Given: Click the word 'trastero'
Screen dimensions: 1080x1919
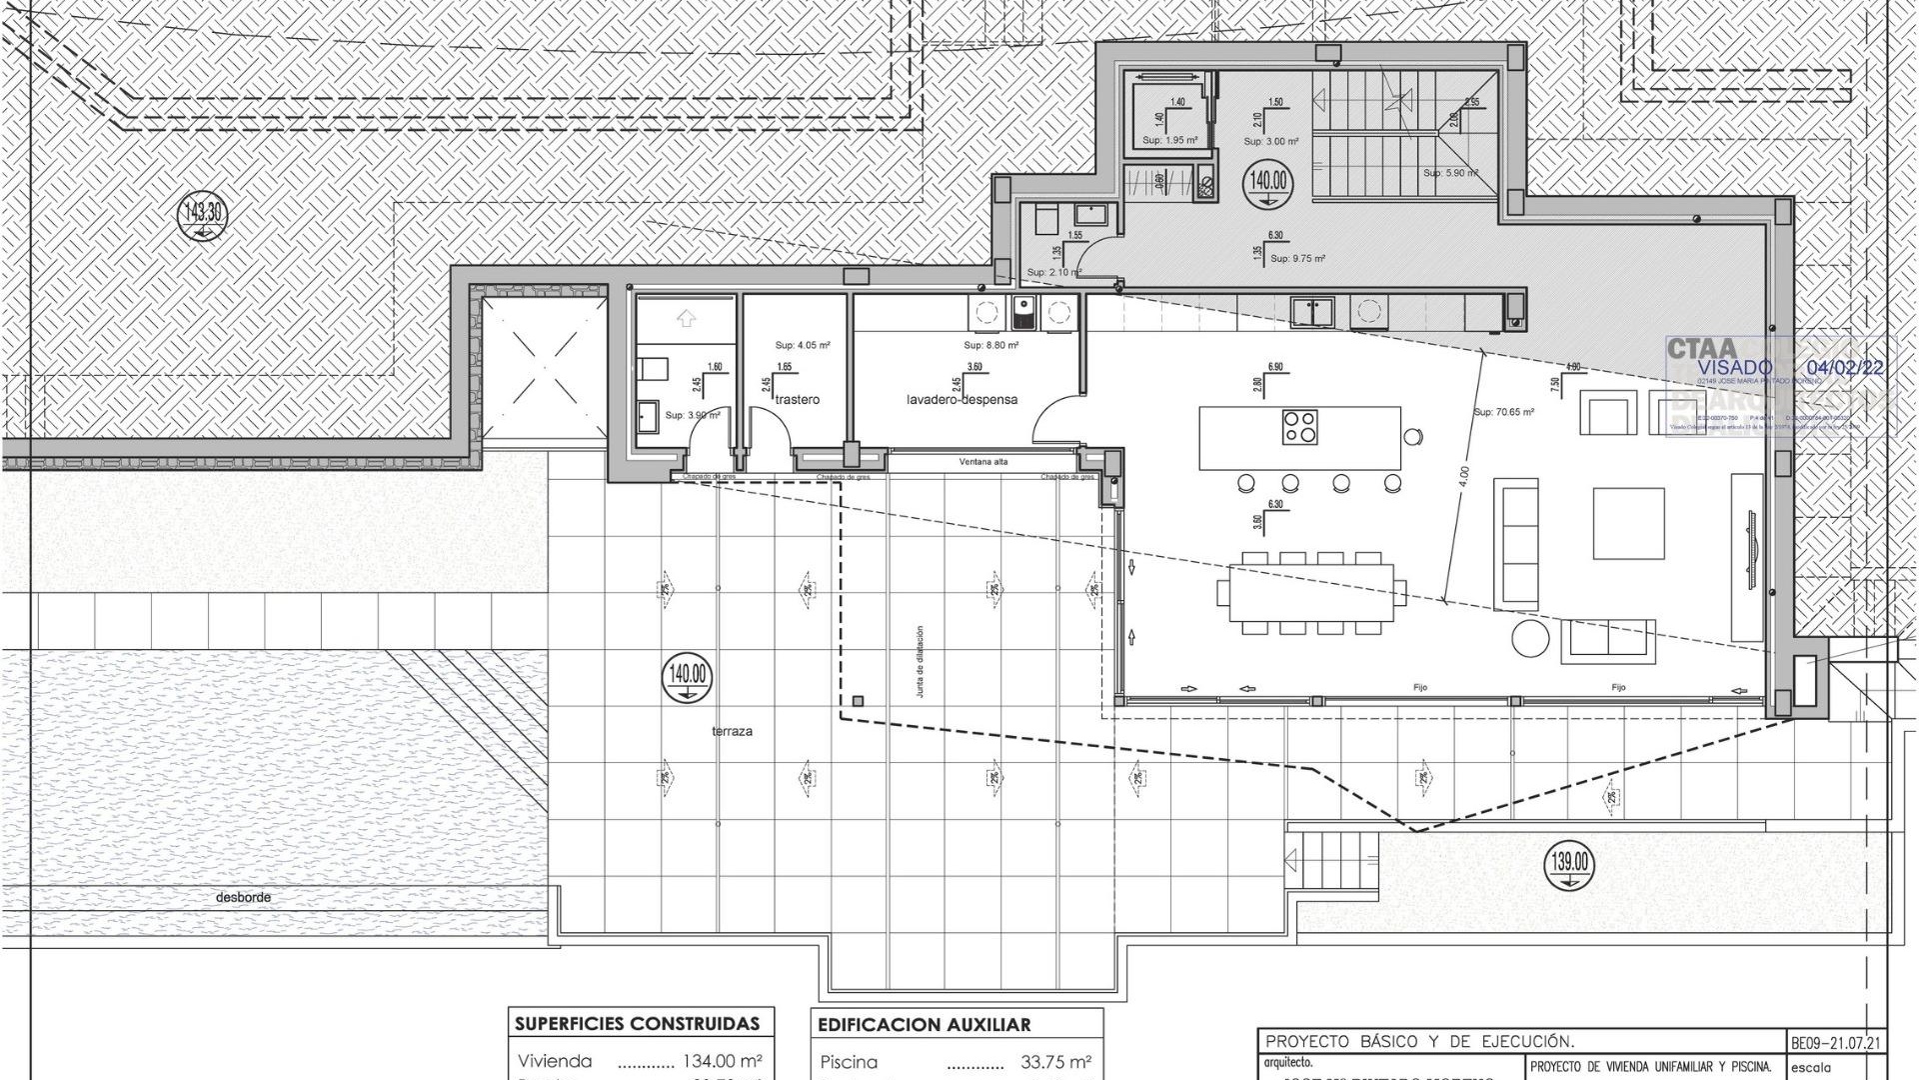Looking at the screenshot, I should click(x=797, y=400).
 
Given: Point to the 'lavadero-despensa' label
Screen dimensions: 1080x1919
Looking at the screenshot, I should click(x=961, y=400).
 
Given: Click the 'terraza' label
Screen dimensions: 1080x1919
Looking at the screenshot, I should click(x=732, y=732).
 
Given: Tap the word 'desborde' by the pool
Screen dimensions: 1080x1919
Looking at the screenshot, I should click(x=243, y=898).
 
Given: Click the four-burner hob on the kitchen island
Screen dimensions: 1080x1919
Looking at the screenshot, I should click(x=1299, y=427).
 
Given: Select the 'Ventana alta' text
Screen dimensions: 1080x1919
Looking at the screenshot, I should click(x=983, y=462).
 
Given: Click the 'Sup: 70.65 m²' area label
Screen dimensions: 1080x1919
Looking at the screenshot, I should click(x=1503, y=412).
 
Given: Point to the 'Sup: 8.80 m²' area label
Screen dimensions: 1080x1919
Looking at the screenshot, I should click(x=990, y=346).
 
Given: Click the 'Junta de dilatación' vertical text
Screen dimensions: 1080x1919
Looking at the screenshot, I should click(x=920, y=661).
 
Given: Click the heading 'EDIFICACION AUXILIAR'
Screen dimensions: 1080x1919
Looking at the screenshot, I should click(x=924, y=1025).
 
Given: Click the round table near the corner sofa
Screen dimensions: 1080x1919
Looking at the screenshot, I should click(x=1529, y=638).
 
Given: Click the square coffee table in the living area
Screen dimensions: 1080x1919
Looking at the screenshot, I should click(x=1628, y=523).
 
